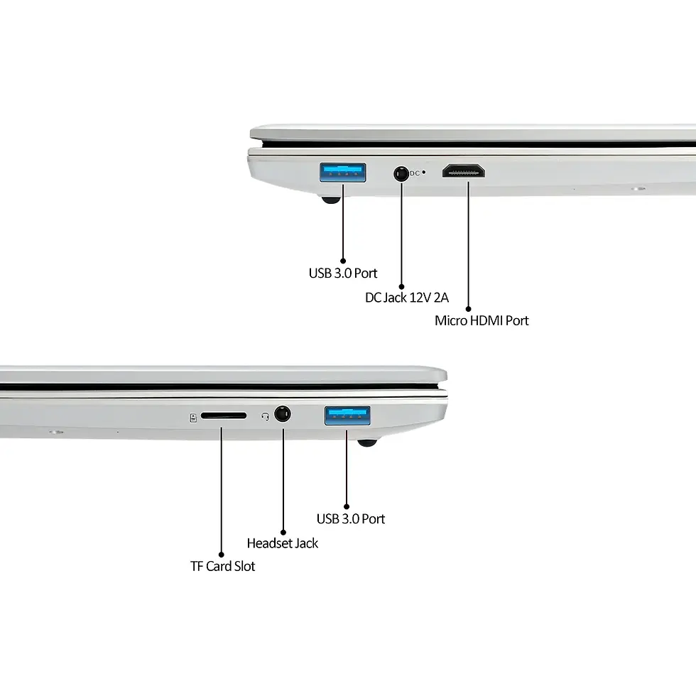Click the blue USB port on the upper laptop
[x=342, y=173]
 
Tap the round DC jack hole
[x=401, y=173]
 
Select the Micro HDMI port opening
[x=463, y=171]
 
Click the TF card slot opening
[x=223, y=416]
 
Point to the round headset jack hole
[x=283, y=414]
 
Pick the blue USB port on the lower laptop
[x=347, y=415]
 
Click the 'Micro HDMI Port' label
[x=482, y=320]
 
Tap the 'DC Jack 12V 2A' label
[x=406, y=298]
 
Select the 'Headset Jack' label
[x=283, y=543]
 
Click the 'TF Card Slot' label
[x=222, y=567]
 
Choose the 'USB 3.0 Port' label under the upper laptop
[x=342, y=273]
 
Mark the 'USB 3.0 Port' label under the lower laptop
[x=351, y=519]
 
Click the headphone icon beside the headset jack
[x=265, y=416]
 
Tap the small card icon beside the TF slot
[x=193, y=418]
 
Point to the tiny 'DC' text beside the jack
[x=415, y=173]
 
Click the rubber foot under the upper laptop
[x=331, y=200]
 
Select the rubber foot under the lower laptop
[x=367, y=442]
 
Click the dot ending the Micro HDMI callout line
[x=468, y=309]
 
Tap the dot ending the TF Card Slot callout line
[x=221, y=555]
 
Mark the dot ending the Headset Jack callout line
[x=283, y=532]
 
